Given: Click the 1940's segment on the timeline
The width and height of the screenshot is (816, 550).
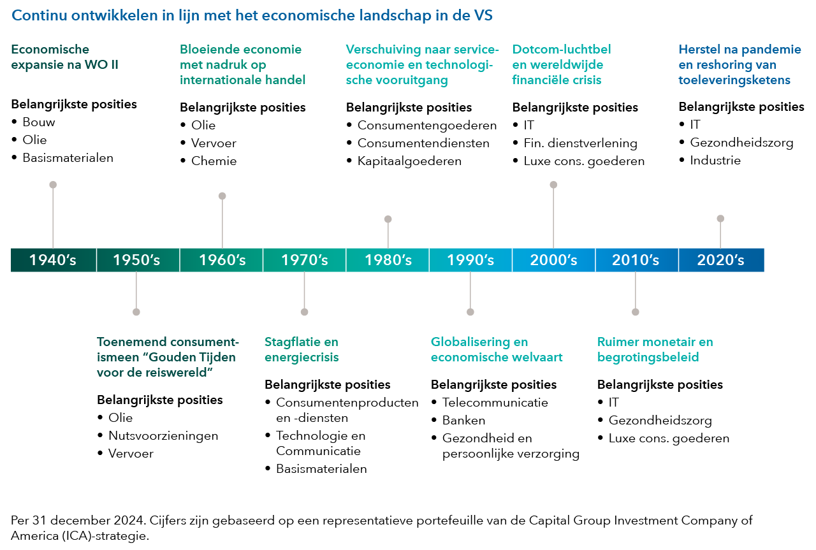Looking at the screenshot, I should pyautogui.click(x=53, y=260).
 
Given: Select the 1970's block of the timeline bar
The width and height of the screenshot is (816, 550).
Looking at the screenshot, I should pyautogui.click(x=304, y=260).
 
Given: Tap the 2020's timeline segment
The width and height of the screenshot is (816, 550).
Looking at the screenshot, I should pyautogui.click(x=720, y=260).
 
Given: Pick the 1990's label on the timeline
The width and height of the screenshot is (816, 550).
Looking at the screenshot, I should pyautogui.click(x=470, y=260).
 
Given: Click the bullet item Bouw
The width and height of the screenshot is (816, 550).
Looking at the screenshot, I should pyautogui.click(x=39, y=122).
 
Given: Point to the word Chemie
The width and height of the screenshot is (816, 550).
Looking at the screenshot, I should pyautogui.click(x=214, y=161).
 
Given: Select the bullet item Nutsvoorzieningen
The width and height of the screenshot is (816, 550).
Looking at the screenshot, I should pyautogui.click(x=163, y=436).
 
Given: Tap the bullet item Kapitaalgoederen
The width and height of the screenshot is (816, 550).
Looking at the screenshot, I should pyautogui.click(x=409, y=161).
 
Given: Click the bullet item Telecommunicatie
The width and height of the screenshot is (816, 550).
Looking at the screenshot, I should pyautogui.click(x=495, y=403).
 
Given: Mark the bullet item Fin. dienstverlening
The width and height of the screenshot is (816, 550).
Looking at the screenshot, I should pyautogui.click(x=580, y=143).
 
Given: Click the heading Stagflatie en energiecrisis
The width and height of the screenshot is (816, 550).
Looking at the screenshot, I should pyautogui.click(x=302, y=349).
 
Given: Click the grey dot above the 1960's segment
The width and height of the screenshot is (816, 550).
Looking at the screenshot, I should pyautogui.click(x=222, y=196).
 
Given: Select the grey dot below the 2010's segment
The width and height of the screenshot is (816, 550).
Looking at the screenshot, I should pyautogui.click(x=636, y=312).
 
